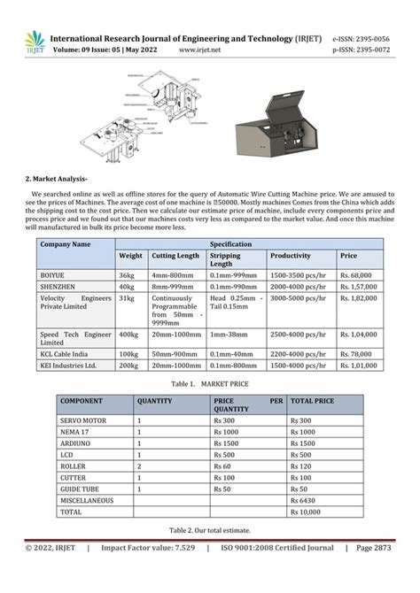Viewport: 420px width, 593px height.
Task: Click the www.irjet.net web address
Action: point(199,50)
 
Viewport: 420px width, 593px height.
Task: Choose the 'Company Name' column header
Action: point(65,243)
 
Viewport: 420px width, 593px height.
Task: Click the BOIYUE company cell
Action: point(52,275)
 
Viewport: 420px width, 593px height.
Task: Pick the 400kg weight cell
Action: point(128,335)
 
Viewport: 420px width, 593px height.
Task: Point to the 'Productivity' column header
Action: point(291,256)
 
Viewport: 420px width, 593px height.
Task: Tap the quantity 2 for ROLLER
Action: point(140,466)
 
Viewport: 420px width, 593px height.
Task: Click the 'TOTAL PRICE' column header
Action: point(313,400)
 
